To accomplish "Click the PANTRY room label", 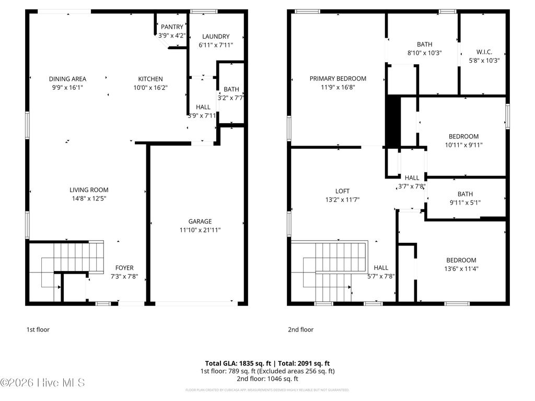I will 172,27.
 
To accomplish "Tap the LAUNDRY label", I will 216,37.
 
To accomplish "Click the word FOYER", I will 124,268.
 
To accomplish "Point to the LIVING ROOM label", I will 89,190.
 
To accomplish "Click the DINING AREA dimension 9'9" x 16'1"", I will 67,88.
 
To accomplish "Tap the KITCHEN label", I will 150,79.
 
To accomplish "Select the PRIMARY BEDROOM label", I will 338,79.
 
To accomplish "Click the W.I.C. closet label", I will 484,52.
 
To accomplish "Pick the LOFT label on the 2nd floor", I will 343,191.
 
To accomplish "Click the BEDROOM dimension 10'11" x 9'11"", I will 463,145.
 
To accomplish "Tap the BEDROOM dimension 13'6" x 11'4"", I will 461,269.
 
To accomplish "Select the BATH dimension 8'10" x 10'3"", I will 424,53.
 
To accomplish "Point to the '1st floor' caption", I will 38,329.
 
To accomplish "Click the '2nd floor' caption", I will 300,329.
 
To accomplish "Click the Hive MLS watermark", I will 43,383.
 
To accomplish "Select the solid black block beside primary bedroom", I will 392,121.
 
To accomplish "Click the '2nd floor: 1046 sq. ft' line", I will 267,379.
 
